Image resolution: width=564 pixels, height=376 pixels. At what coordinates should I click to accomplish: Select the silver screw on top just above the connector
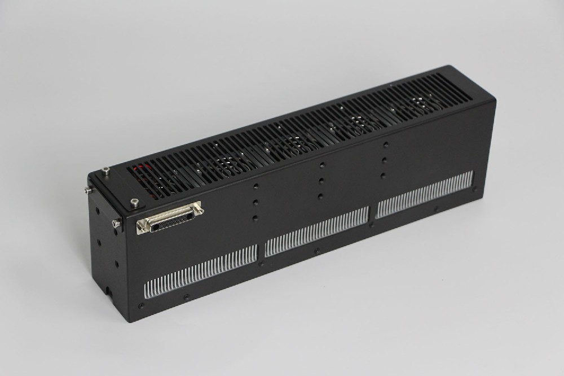pyautogui.click(x=134, y=202)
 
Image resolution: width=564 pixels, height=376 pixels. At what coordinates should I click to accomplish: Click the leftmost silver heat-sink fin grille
pyautogui.click(x=200, y=270)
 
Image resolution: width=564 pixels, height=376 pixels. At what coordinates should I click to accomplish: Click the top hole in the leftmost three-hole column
pyautogui.click(x=255, y=186)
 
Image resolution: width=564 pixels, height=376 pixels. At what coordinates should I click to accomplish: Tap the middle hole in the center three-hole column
pyautogui.click(x=321, y=180)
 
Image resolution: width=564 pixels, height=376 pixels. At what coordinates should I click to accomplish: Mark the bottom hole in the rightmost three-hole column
pyautogui.click(x=384, y=175)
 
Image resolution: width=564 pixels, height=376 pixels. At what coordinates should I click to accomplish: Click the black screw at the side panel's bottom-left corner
pyautogui.click(x=141, y=305)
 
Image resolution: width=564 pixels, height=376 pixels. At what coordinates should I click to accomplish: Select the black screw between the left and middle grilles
pyautogui.click(x=261, y=263)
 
